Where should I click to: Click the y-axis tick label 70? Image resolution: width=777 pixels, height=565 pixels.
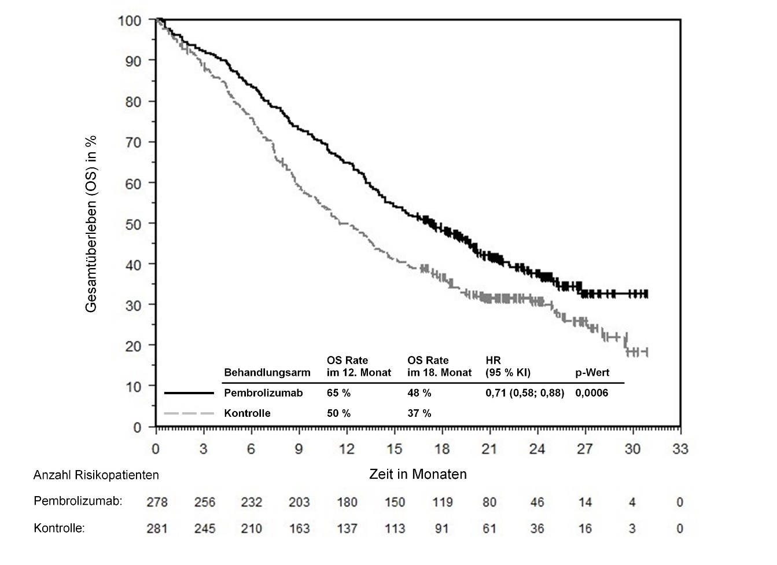coord(133,142)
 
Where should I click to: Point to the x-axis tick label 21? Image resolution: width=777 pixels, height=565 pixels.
coord(489,449)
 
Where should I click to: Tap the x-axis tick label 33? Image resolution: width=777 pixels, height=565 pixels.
coord(680,449)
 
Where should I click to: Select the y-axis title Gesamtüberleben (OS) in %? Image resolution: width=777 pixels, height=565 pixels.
coord(91,224)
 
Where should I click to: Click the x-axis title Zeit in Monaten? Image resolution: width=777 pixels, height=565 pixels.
coord(418,475)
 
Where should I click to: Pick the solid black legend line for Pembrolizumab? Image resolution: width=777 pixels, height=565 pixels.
coord(189,393)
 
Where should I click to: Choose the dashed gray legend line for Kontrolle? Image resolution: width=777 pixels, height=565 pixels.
coord(189,413)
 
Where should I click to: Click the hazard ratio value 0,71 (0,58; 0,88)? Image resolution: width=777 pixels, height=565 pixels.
coord(525,393)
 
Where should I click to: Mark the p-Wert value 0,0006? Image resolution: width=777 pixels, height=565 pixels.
coord(591,393)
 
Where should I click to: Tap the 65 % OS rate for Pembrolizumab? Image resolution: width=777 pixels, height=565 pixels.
coord(338,393)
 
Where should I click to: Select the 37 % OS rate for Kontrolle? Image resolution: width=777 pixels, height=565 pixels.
coord(419,413)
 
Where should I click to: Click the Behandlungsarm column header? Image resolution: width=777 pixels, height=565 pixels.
coord(267,373)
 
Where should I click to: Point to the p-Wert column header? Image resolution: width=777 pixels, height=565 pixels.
coord(592,373)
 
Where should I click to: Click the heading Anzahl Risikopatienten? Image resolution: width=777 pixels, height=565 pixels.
coord(96,475)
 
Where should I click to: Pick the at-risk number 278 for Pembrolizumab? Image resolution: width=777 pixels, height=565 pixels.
coord(157,502)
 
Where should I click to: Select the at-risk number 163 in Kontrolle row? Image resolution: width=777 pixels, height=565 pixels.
coord(299,529)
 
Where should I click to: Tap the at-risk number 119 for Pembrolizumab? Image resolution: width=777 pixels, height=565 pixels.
coord(442,502)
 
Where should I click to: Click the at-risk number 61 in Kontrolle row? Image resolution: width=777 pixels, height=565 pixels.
coord(489,529)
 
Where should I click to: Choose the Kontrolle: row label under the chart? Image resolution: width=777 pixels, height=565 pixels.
coord(60,529)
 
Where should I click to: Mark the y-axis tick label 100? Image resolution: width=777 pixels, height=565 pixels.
coord(130,21)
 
